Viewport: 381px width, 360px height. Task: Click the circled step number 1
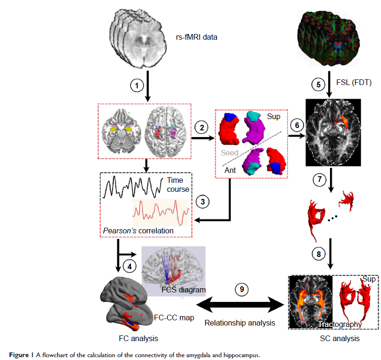(137, 86)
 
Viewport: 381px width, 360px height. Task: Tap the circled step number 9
(242, 289)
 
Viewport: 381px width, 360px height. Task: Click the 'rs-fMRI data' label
(197, 36)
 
